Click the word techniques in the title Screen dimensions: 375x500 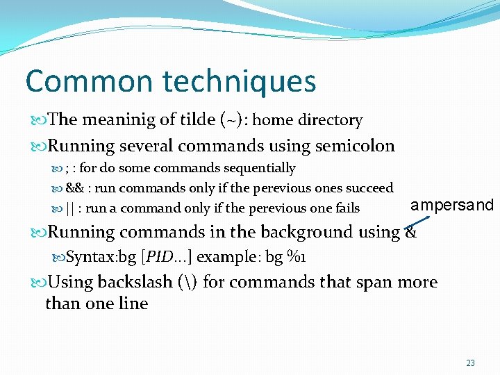[240, 81]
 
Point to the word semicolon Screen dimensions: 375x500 [355, 146]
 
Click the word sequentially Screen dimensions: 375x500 [258, 168]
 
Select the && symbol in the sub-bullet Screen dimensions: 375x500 [75, 188]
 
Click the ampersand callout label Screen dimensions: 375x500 [451, 205]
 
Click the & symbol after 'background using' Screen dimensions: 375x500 [410, 233]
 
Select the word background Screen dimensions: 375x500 [297, 233]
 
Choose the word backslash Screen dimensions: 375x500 [131, 283]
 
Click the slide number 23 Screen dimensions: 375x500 [470, 363]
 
